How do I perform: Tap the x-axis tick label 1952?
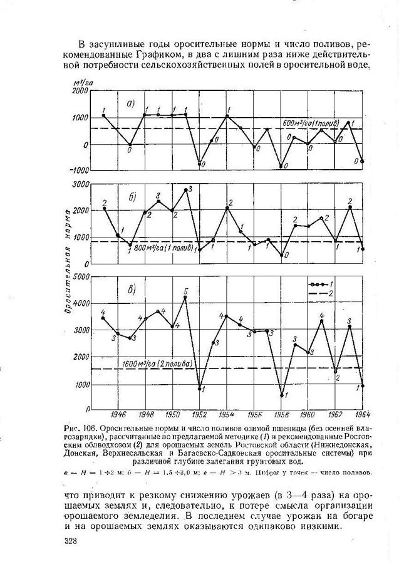click(200, 414)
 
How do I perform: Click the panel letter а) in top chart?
click(132, 104)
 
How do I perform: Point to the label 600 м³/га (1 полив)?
click(311, 122)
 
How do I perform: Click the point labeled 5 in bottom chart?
click(185, 297)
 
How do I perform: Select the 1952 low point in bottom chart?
click(200, 389)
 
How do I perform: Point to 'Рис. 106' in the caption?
click(78, 429)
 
